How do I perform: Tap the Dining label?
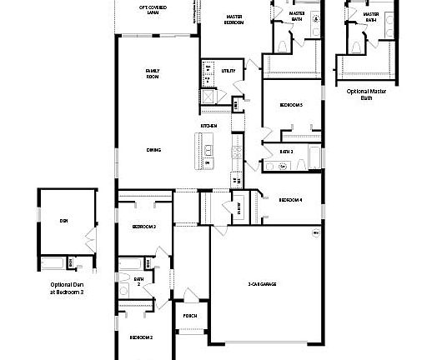tap(153, 150)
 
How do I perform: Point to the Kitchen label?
tap(208, 126)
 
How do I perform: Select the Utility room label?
tap(228, 71)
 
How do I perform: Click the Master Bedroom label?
tap(234, 20)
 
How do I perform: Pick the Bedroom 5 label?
tap(291, 105)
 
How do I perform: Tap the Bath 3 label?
tap(287, 152)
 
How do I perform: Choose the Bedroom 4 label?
tap(290, 200)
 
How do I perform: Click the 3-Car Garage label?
tap(262, 285)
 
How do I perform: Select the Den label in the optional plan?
tap(63, 221)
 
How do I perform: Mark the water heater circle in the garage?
tap(316, 232)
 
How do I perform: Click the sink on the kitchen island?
tap(208, 151)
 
